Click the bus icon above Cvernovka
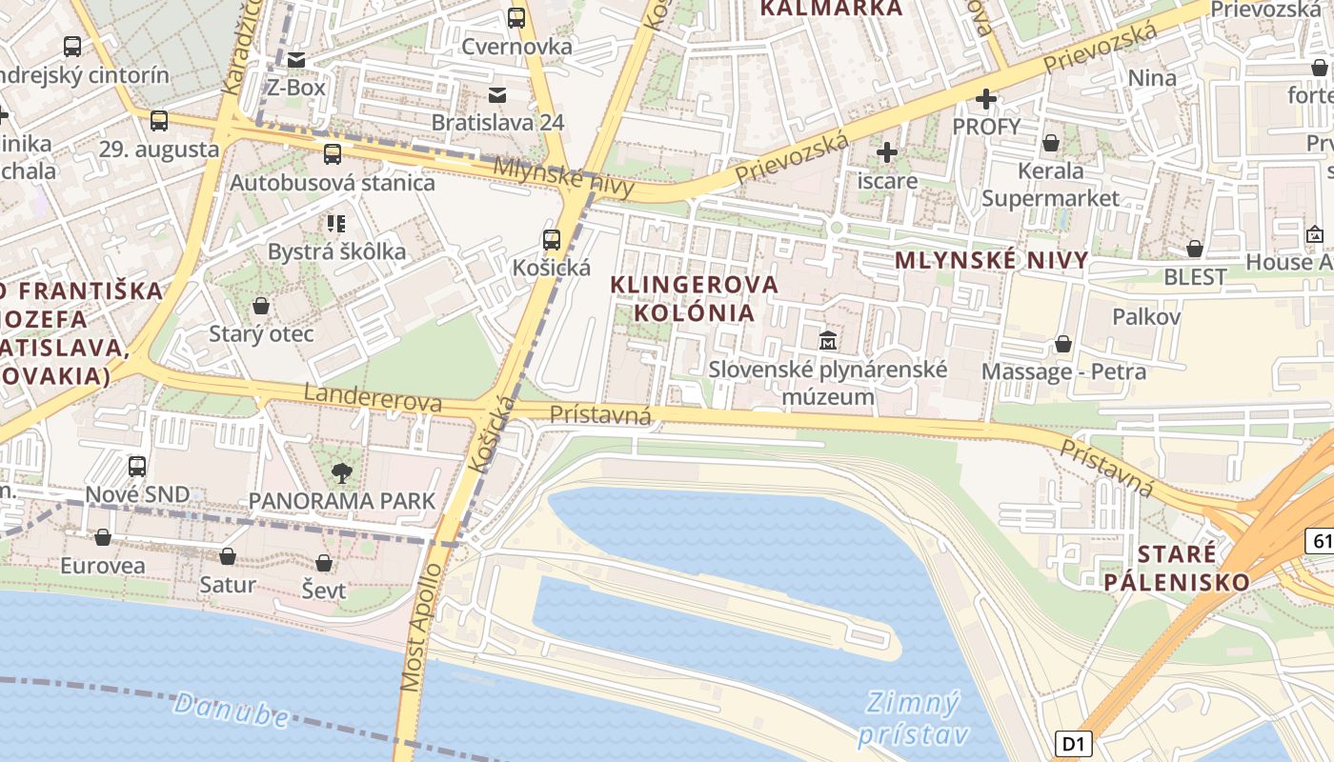[516, 17]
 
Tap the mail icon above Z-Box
[296, 60]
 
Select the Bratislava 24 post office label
[497, 122]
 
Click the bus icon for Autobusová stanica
[333, 154]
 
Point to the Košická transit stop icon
[552, 240]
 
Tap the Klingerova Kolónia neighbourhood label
[694, 298]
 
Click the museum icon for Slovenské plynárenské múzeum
[828, 340]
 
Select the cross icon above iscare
[887, 152]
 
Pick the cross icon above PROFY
[986, 99]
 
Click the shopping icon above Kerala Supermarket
[1051, 143]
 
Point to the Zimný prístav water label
[912, 719]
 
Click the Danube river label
[232, 710]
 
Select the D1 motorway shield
[1073, 743]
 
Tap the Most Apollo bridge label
[422, 628]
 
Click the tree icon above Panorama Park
[341, 471]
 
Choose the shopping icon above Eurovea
[103, 537]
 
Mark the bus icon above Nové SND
[137, 466]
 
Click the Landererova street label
[373, 397]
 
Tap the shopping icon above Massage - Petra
[1063, 344]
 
